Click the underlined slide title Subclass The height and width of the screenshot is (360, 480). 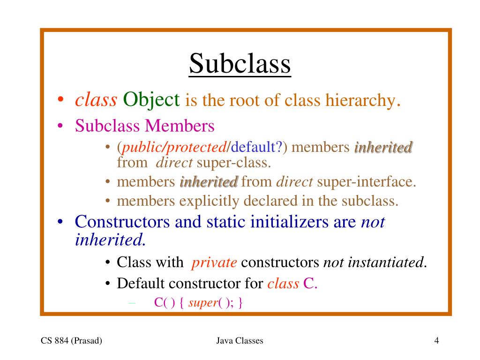pos(240,64)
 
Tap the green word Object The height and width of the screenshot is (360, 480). pos(151,99)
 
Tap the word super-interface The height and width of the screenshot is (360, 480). pos(367,181)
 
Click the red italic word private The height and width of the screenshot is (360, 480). pos(214,262)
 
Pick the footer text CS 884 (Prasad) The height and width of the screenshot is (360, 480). pos(71,341)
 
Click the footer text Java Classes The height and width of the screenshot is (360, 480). pos(240,341)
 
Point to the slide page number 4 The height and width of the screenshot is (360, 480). pos(436,341)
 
